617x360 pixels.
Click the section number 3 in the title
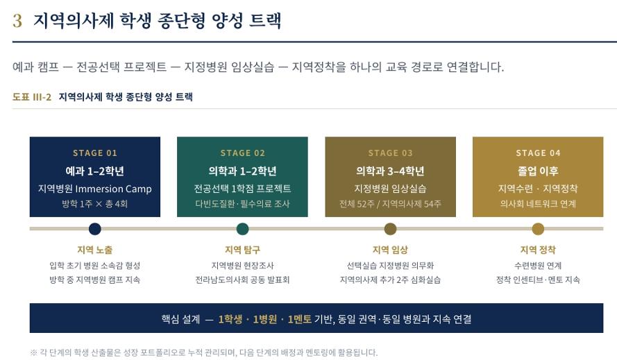point(17,21)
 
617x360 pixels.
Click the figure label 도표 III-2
point(32,97)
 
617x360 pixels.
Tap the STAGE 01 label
point(95,153)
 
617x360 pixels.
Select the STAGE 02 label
point(242,153)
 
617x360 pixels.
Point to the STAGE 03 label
point(390,153)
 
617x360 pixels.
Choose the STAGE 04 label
point(538,153)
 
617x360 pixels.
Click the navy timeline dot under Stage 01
point(95,229)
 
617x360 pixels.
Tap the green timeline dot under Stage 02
point(242,229)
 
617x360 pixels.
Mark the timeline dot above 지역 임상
point(390,229)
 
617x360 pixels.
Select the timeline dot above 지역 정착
point(538,229)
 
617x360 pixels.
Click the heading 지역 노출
point(95,250)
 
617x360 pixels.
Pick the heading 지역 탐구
point(242,250)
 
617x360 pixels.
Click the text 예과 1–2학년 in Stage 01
point(95,171)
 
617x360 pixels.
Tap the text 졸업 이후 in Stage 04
point(538,171)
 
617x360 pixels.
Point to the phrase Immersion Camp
point(113,189)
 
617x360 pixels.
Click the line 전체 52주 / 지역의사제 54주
point(390,204)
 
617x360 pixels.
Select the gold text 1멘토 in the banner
point(299,319)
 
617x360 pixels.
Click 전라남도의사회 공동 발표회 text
point(242,280)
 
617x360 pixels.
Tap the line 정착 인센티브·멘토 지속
point(538,280)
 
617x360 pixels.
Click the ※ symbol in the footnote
point(33,352)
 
